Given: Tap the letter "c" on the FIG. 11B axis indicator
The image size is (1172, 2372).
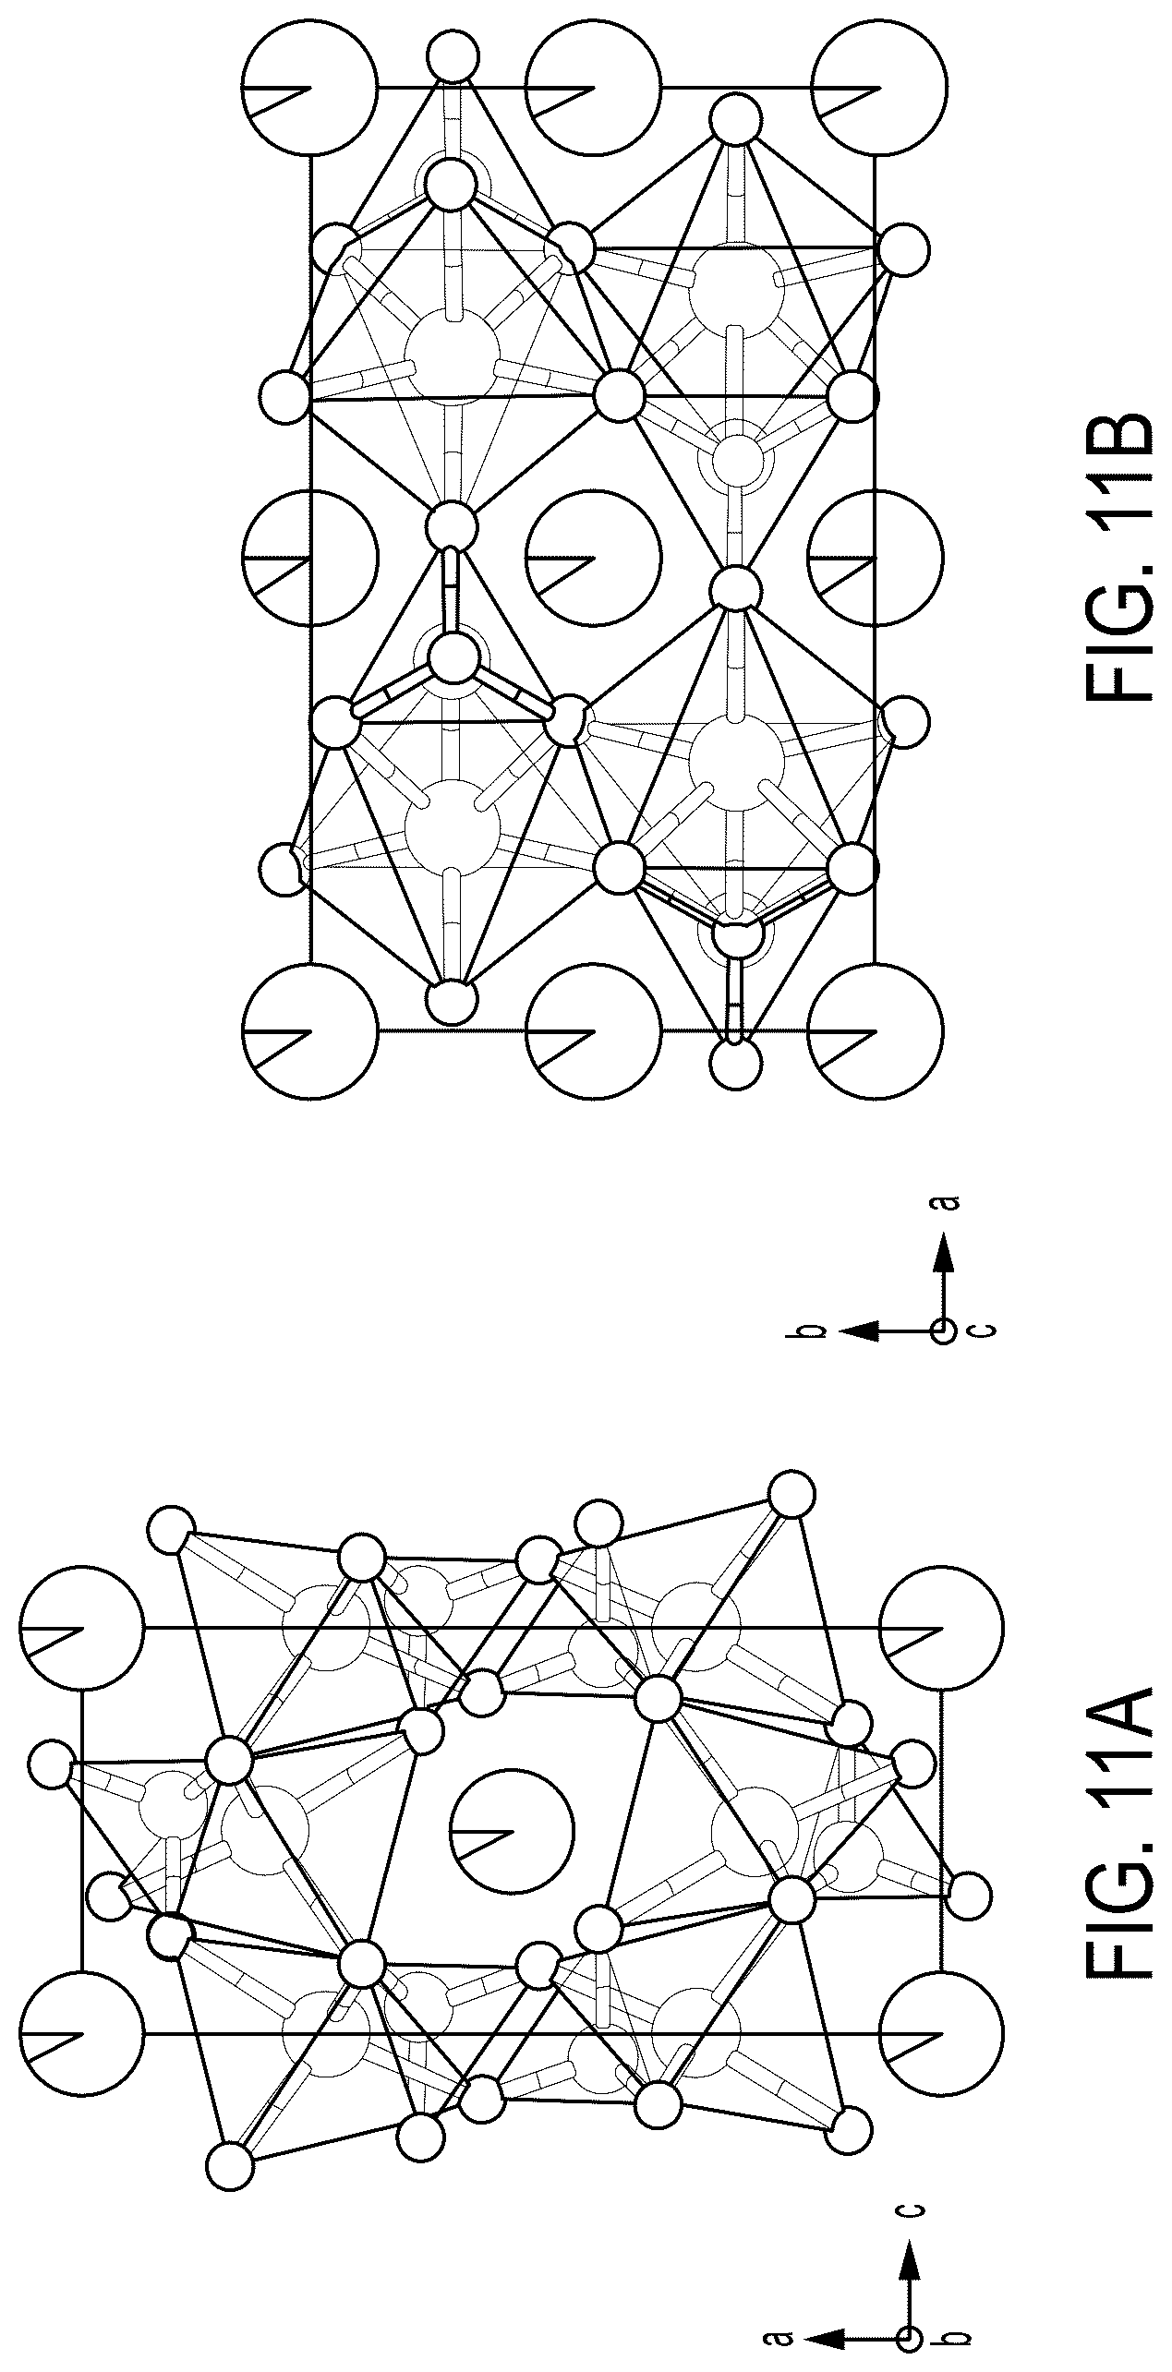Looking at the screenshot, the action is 985,1330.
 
